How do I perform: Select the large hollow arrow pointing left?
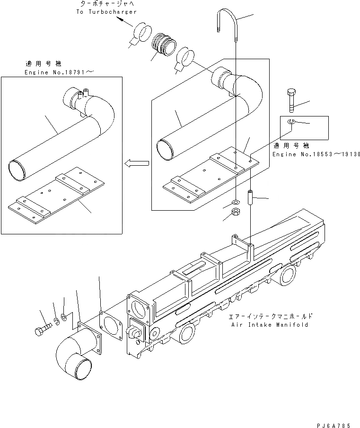point(136,163)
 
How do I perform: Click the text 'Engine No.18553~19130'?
point(316,154)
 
